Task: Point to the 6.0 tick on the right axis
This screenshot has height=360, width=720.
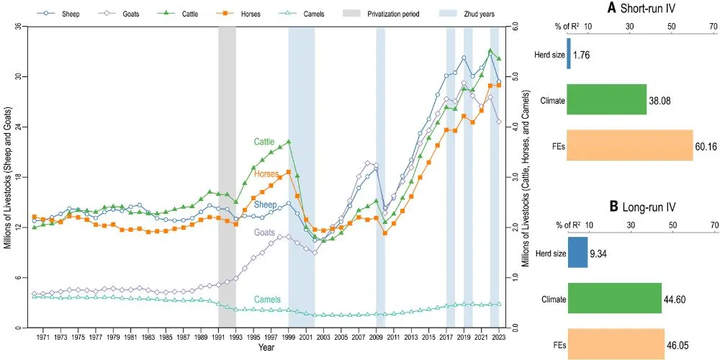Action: [x=513, y=27]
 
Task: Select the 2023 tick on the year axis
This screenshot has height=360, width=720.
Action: [x=499, y=337]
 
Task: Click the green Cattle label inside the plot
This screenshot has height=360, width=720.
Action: [x=264, y=142]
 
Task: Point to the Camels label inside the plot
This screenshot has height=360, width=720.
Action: [x=266, y=299]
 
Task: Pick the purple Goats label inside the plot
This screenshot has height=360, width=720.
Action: [x=264, y=233]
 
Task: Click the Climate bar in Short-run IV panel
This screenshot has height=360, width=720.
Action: [x=606, y=100]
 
